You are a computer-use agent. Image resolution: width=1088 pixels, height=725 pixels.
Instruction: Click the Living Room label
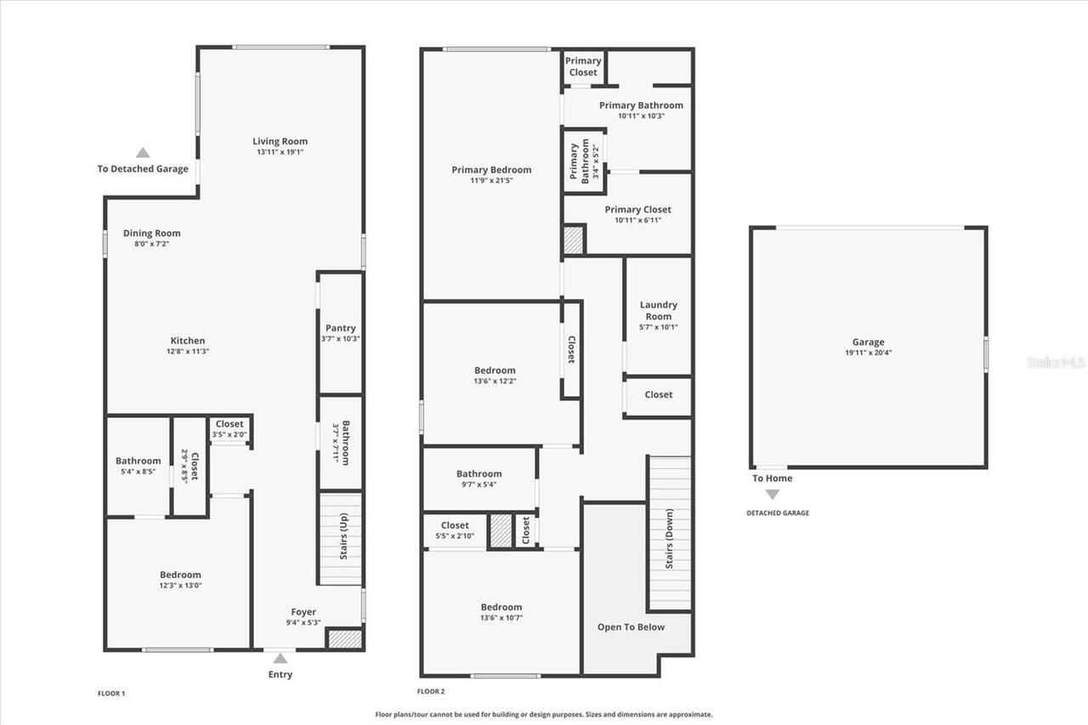[x=280, y=141]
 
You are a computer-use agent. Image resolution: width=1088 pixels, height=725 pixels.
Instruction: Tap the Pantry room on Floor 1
[x=340, y=332]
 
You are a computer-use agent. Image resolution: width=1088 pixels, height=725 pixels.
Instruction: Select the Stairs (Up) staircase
[x=341, y=538]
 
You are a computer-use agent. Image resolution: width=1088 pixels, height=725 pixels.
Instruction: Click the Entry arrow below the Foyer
[x=280, y=658]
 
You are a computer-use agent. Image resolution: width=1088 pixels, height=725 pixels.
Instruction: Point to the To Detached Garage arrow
[x=143, y=153]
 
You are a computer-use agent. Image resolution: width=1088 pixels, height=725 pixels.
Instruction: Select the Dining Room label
[x=151, y=233]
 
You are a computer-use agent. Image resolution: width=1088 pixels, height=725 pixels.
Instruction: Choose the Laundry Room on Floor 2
[x=658, y=315]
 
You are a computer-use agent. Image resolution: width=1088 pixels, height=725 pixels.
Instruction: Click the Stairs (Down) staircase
[x=670, y=533]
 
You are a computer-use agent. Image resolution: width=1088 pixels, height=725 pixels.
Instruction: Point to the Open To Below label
[x=631, y=627]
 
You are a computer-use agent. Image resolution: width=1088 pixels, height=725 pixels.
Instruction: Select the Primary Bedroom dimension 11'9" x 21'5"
[x=491, y=180]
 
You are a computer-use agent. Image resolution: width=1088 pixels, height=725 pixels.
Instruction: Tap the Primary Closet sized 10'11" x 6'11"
[x=637, y=214]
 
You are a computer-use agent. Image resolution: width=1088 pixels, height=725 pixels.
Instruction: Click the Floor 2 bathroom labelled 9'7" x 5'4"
[x=479, y=479]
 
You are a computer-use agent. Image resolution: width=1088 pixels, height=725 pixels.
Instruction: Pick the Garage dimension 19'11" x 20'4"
[x=868, y=353]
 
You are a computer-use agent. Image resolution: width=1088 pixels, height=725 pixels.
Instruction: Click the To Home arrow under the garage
[x=772, y=494]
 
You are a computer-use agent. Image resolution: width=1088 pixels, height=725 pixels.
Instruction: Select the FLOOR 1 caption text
[x=111, y=694]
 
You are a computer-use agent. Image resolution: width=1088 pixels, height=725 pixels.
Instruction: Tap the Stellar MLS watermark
[x=1056, y=362]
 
